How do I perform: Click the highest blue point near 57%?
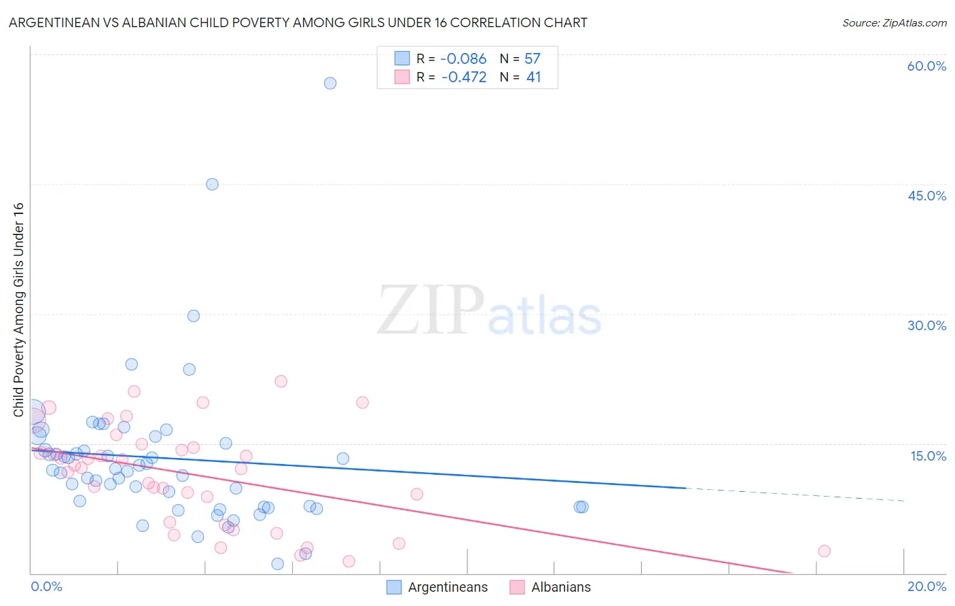(330, 83)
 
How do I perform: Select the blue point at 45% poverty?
(212, 184)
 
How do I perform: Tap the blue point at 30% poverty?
(194, 316)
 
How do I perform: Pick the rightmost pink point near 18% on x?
(824, 551)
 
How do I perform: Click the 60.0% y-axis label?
(926, 66)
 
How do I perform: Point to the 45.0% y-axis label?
(926, 196)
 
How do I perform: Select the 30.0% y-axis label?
(926, 325)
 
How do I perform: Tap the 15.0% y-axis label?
(928, 456)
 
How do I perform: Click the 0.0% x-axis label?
(46, 586)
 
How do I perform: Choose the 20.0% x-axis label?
(926, 586)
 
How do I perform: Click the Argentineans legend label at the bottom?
(448, 587)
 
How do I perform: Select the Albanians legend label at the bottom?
(561, 587)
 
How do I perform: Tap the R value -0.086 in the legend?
(464, 59)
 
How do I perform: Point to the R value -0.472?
(464, 77)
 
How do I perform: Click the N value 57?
(533, 59)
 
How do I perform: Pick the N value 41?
(534, 77)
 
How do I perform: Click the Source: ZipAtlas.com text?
(894, 23)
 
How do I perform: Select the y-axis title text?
(18, 310)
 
